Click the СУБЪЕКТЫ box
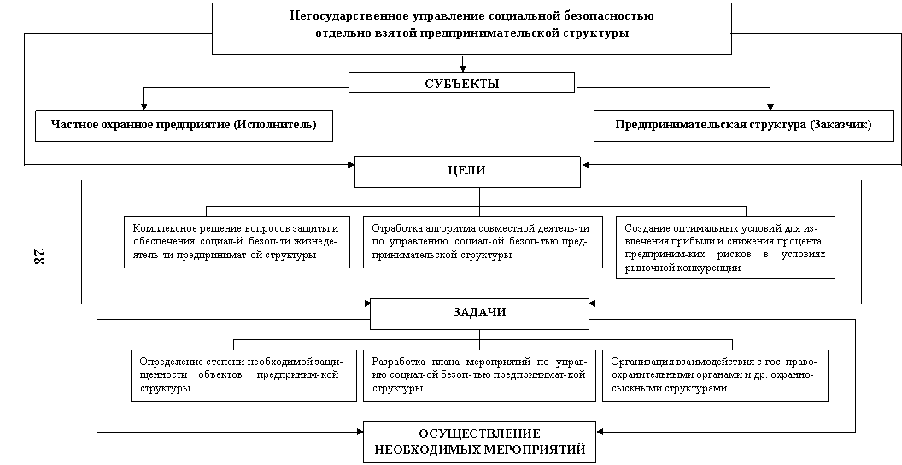point(461,82)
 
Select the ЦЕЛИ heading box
point(467,172)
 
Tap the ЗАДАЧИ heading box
point(479,314)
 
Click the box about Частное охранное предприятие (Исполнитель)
point(184,126)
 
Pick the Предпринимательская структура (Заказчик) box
point(744,126)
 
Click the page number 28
point(38,256)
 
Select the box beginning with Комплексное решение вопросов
point(237,242)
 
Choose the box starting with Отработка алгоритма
point(483,242)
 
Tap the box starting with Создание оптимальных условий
point(725,248)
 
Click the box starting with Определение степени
point(244,375)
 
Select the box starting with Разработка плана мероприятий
point(480,375)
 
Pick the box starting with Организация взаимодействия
point(716,375)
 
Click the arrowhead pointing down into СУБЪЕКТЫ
point(462,68)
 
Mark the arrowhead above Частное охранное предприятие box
point(143,107)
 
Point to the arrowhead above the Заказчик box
point(770,107)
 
